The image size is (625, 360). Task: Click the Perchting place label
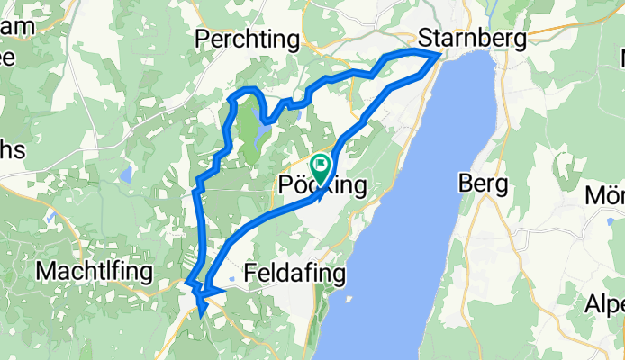point(249,40)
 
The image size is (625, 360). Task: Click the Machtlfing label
point(89,270)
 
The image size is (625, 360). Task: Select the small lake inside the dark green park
point(259,136)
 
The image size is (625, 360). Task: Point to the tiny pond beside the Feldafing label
point(232,279)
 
